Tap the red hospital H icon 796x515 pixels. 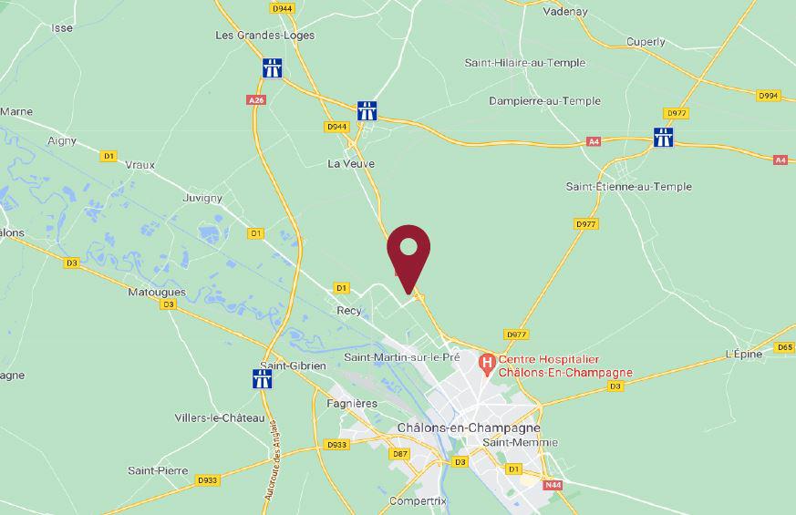pos(487,363)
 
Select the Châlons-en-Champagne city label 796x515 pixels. pos(469,427)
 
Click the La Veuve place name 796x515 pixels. pos(351,164)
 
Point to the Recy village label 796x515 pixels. pos(349,311)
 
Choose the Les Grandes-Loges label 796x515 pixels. pos(264,36)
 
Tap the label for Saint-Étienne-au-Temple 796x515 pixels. pos(628,187)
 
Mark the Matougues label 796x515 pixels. pos(157,293)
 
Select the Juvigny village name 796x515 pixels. pos(202,198)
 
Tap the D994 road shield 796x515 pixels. pos(769,95)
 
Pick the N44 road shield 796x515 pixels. pos(553,485)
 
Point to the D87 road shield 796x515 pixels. pos(399,453)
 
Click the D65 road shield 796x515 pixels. pos(784,347)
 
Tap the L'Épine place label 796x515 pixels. pos(743,355)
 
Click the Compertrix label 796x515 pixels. pos(418,501)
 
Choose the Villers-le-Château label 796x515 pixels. pos(220,417)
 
